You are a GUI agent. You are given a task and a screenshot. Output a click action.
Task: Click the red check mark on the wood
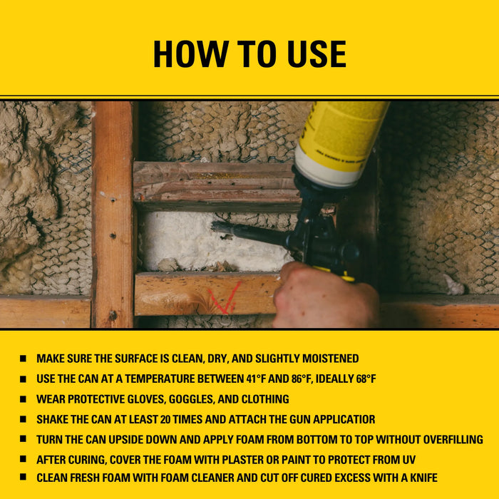[x=225, y=299]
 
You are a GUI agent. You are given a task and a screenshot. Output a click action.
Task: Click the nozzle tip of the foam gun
[x=216, y=227]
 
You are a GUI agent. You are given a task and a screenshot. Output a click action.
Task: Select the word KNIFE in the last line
[x=421, y=478]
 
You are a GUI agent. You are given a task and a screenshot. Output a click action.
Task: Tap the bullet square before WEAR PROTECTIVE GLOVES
[x=24, y=399]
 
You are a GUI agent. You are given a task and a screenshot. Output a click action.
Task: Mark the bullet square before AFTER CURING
[x=24, y=459]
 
